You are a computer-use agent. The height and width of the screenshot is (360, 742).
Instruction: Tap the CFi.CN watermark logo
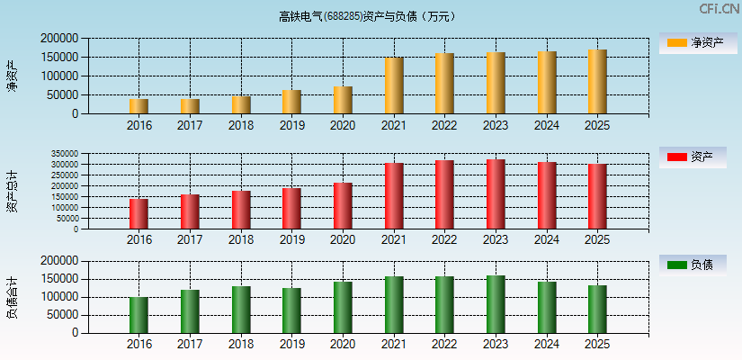tap(719, 9)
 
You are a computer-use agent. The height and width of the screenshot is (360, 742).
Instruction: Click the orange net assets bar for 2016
tap(139, 106)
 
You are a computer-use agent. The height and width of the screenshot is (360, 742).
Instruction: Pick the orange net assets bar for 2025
tap(597, 82)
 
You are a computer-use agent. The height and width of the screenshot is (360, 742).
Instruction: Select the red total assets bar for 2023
tap(496, 194)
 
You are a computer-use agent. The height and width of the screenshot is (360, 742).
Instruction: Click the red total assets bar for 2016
tap(139, 214)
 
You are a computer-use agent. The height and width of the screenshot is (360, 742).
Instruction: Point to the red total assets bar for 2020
tap(343, 206)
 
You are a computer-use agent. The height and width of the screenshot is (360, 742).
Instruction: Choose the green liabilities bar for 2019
tap(291, 310)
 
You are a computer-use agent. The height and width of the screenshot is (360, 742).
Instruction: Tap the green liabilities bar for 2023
tap(496, 304)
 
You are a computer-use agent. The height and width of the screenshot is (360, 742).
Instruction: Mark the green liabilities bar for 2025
tap(597, 310)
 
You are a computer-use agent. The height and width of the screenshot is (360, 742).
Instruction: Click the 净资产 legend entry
tap(693, 42)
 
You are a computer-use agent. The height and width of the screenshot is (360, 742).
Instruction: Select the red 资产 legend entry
tap(693, 157)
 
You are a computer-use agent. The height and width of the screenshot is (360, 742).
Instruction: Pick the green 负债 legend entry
tap(693, 265)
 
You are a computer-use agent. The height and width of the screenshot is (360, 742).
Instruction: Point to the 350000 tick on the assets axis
tap(64, 154)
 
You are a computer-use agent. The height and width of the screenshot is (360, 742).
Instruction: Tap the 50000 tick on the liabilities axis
tap(63, 315)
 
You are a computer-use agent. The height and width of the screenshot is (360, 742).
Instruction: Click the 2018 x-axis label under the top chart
tap(240, 126)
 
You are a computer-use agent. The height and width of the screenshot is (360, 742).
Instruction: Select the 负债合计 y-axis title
tap(12, 298)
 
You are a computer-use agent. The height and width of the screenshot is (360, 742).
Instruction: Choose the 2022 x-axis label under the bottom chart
tap(444, 345)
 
